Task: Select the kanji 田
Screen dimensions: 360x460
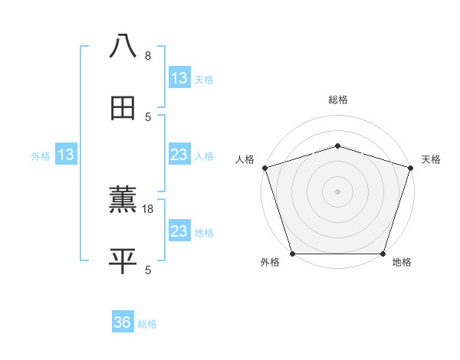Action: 123,108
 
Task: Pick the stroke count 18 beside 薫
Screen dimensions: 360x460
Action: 149,208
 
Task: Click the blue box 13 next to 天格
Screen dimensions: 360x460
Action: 179,78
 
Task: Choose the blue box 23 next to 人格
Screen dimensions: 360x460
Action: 179,155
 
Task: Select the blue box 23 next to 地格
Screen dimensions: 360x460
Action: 179,231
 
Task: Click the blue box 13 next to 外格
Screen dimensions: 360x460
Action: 65,155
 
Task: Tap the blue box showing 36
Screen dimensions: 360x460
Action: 123,322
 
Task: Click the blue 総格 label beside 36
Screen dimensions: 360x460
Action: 147,324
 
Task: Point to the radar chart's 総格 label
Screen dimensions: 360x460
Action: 338,100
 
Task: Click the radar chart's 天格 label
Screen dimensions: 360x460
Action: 432,159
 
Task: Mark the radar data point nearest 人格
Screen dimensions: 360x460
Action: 265,168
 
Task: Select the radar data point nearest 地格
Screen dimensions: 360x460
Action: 383,254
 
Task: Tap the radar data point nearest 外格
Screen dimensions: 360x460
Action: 293,254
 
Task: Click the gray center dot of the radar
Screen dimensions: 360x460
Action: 338,191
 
